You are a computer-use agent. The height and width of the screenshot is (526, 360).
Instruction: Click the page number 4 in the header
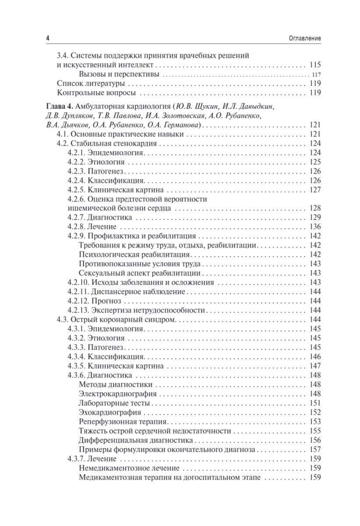(47, 39)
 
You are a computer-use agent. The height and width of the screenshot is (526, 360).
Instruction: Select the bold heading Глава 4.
(60, 107)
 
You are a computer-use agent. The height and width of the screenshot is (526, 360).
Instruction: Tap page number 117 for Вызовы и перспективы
(315, 74)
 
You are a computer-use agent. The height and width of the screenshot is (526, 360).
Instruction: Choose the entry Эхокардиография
(110, 412)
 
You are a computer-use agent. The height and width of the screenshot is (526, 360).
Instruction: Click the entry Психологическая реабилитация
(134, 254)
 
